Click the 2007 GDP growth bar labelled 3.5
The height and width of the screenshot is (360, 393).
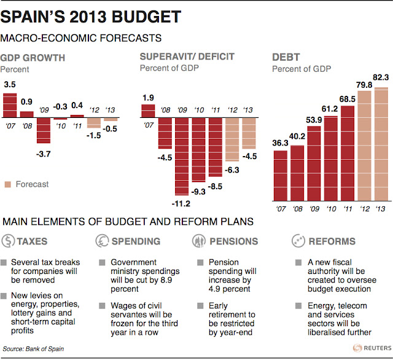(x=10, y=105)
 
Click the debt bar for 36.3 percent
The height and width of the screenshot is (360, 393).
(x=281, y=175)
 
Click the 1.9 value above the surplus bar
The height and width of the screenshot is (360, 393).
(x=147, y=97)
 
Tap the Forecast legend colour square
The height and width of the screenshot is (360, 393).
(x=8, y=184)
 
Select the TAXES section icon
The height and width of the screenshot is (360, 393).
(x=9, y=241)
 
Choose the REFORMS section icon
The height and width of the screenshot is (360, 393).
(x=299, y=241)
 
